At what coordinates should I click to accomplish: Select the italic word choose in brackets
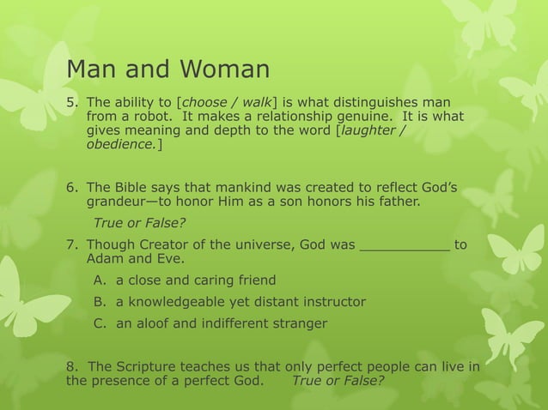coord(207,102)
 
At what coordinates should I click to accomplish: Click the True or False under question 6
coord(139,224)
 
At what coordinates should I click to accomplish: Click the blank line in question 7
coord(404,245)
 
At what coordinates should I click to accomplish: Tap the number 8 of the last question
coord(70,367)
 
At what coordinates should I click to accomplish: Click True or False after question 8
coord(338,381)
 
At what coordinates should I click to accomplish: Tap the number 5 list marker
coord(72,102)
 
